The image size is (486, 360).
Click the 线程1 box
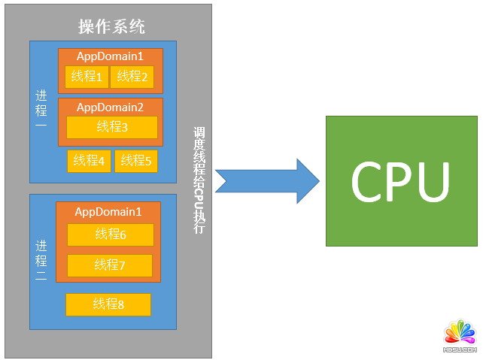[87, 77]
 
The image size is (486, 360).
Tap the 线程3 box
[112, 127]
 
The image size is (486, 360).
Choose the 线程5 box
[136, 161]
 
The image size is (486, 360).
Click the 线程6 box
[111, 234]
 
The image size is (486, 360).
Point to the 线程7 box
[110, 265]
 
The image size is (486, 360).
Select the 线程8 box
[108, 304]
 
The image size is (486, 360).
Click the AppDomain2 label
[110, 107]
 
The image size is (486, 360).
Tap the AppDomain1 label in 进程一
[110, 56]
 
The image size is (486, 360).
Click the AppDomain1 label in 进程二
[108, 211]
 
